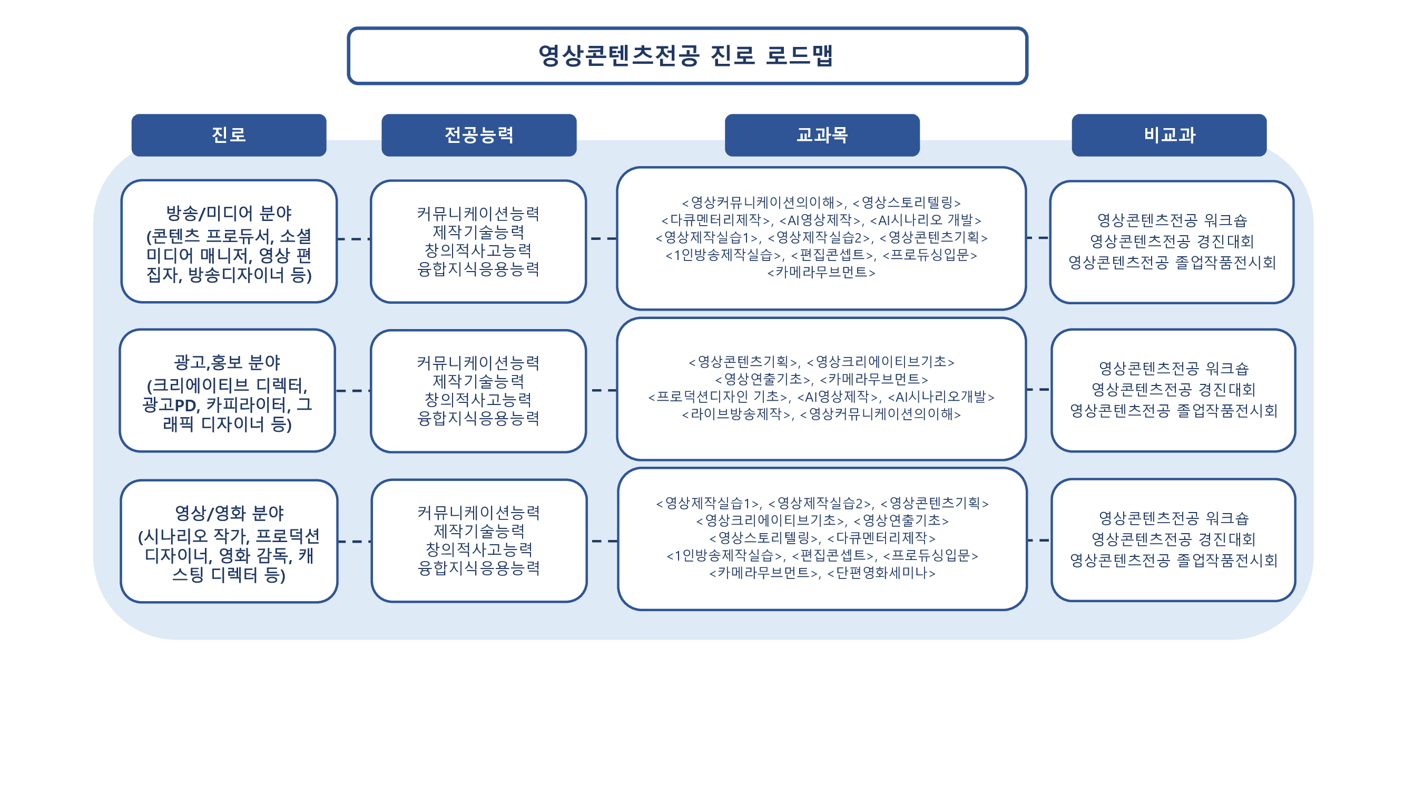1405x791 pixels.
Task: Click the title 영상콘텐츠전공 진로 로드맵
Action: tap(685, 56)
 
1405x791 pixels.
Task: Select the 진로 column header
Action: tap(229, 135)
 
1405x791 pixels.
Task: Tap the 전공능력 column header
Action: tap(479, 135)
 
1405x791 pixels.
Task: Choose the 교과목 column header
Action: tap(822, 135)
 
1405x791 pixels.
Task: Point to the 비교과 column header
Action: tap(1169, 135)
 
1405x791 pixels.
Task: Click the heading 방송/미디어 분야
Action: tap(229, 213)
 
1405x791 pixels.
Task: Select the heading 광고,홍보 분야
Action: tap(227, 362)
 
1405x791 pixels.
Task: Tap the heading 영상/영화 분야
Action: tap(229, 513)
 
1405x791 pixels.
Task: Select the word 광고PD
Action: tap(169, 404)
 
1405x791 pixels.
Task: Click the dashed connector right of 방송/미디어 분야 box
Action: tap(354, 238)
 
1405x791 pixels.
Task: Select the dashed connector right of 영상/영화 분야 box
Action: tap(355, 542)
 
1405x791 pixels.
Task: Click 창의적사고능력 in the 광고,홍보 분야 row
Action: tap(478, 400)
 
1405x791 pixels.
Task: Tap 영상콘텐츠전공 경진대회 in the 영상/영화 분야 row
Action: tap(1173, 539)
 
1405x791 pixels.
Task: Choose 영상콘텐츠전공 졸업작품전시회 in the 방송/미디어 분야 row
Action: tap(1172, 263)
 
